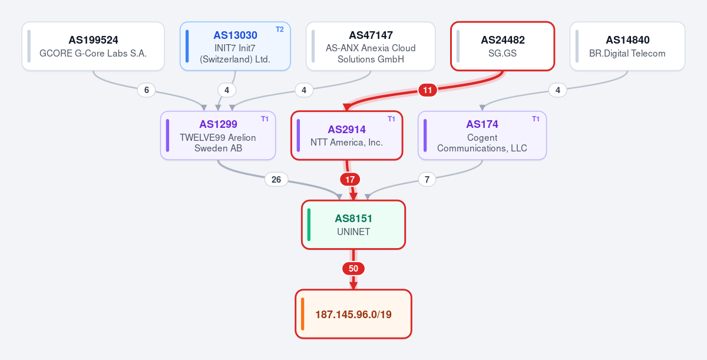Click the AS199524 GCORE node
pyautogui.click(x=93, y=46)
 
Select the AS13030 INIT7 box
pyautogui.click(x=235, y=46)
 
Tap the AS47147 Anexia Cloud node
pyautogui.click(x=371, y=46)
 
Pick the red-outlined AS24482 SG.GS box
pyautogui.click(x=503, y=46)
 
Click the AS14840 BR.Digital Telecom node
pyautogui.click(x=627, y=46)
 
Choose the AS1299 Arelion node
pyautogui.click(x=218, y=136)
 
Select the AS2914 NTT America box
pyautogui.click(x=346, y=136)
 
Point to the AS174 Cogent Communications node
pyautogui.click(x=483, y=136)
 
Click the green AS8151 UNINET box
pyautogui.click(x=353, y=224)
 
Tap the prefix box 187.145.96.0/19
pyautogui.click(x=353, y=314)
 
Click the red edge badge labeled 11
pyautogui.click(x=427, y=90)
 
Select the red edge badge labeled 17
pyautogui.click(x=350, y=180)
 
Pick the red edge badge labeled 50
pyautogui.click(x=353, y=269)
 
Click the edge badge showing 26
pyautogui.click(x=276, y=180)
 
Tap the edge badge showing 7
pyautogui.click(x=427, y=180)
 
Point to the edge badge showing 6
pyautogui.click(x=147, y=90)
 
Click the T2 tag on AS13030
pyautogui.click(x=280, y=29)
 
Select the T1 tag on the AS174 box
pyautogui.click(x=536, y=119)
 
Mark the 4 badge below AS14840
pyautogui.click(x=558, y=90)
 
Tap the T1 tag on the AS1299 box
pyautogui.click(x=265, y=119)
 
